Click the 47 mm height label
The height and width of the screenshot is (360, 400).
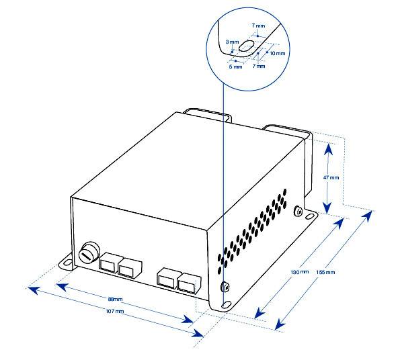(331, 177)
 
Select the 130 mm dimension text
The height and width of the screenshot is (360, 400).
(299, 272)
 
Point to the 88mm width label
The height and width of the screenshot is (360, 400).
(115, 299)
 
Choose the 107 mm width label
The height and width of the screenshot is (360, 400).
(115, 312)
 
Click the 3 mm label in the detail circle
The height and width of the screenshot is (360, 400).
(232, 42)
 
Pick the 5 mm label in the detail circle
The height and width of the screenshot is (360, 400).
(236, 66)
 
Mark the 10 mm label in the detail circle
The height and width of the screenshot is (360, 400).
(276, 52)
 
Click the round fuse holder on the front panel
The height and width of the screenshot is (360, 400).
(87, 254)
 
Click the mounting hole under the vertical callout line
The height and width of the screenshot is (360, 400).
(225, 304)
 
